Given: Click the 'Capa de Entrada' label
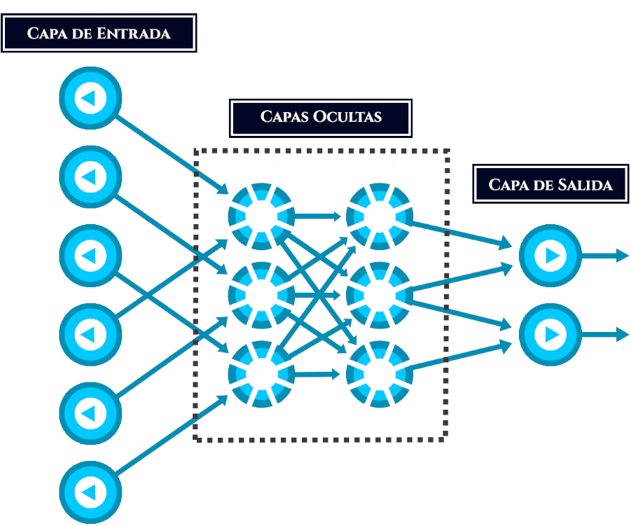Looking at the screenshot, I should click(98, 33).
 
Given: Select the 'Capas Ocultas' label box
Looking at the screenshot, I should click(321, 116).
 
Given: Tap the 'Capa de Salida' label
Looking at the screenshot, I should click(550, 184).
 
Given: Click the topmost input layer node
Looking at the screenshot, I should click(90, 99).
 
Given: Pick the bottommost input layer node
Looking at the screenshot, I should click(90, 493).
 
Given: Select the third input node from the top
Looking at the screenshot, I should click(90, 256).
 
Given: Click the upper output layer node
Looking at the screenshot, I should click(550, 256).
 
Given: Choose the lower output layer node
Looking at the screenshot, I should click(550, 335).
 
